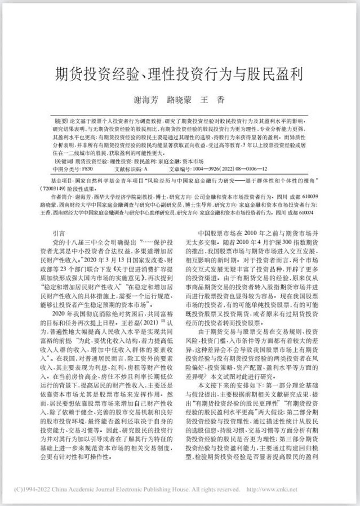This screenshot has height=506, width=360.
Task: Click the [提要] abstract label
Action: tap(60, 121)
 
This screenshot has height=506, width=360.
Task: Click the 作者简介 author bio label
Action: tap(60, 197)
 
